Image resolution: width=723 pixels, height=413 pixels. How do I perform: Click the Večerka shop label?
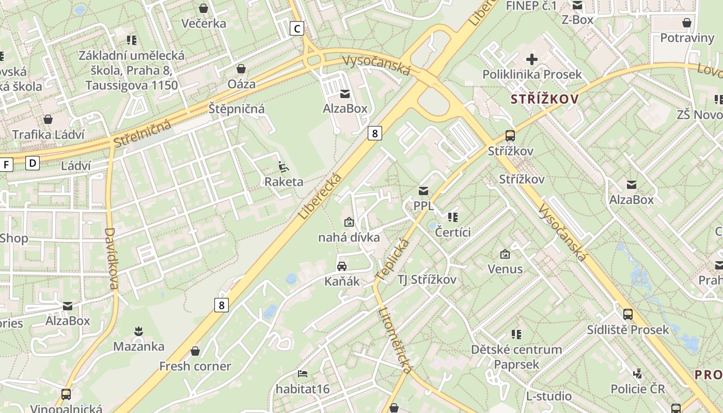203,23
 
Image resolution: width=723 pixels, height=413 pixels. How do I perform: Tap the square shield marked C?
296,28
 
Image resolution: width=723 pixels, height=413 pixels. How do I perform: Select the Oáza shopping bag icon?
241,69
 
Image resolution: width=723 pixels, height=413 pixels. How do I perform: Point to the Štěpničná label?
237,108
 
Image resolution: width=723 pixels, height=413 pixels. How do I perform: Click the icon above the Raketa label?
283,166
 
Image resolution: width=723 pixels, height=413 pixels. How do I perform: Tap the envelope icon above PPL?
423,191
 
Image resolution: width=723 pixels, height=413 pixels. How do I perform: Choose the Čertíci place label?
453,232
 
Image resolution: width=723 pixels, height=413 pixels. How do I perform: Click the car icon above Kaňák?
342,266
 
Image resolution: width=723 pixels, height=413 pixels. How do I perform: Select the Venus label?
505,269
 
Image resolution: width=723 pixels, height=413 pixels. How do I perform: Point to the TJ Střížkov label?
427,280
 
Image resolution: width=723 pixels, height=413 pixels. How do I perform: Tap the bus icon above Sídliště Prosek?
628,314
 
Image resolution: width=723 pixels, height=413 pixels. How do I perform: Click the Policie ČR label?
638,389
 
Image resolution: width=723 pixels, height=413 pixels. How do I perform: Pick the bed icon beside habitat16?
303,373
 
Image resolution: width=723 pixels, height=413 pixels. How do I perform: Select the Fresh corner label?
195,367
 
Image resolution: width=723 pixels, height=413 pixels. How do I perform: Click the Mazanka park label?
139,346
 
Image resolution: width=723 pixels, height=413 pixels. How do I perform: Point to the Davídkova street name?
112,259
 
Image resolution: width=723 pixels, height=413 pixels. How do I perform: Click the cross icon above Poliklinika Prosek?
532,59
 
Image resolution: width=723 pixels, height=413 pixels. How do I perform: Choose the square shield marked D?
33,164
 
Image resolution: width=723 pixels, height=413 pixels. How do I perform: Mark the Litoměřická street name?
396,340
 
